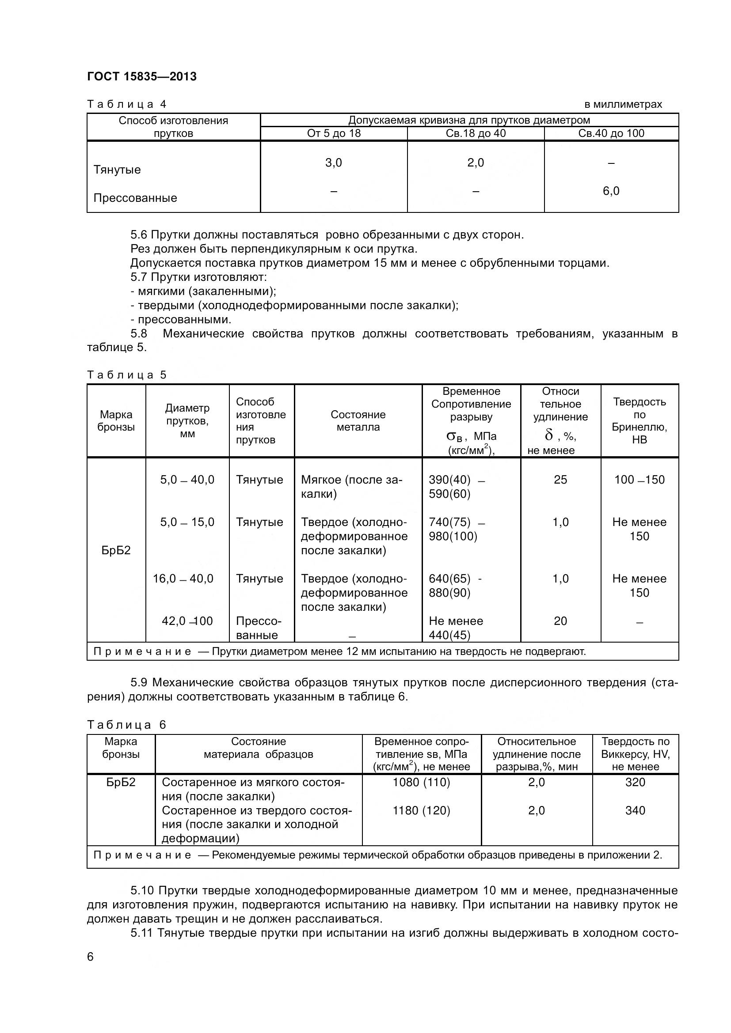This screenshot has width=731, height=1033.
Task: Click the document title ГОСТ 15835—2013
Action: tap(142, 76)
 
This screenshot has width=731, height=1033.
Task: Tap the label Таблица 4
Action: tap(126, 104)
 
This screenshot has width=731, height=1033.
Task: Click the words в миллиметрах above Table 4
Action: tap(623, 104)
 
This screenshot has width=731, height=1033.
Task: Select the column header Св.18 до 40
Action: tap(476, 133)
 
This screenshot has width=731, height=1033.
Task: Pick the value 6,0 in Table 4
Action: tap(611, 191)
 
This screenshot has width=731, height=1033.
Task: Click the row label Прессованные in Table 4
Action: tap(135, 198)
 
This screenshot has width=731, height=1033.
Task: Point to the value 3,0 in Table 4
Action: tap(334, 163)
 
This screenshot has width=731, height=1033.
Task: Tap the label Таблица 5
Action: tap(126, 375)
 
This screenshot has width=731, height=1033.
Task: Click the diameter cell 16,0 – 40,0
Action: tap(183, 579)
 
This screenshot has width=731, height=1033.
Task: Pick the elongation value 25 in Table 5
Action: tap(560, 480)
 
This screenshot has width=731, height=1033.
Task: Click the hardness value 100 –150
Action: tap(639, 480)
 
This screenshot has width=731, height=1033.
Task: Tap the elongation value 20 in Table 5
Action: tap(560, 621)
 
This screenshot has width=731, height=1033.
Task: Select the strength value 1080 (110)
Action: tap(421, 782)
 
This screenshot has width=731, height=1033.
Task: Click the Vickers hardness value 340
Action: tap(635, 810)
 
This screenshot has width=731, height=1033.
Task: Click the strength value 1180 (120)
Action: tap(421, 810)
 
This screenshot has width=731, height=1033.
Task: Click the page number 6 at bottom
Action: tap(91, 957)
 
